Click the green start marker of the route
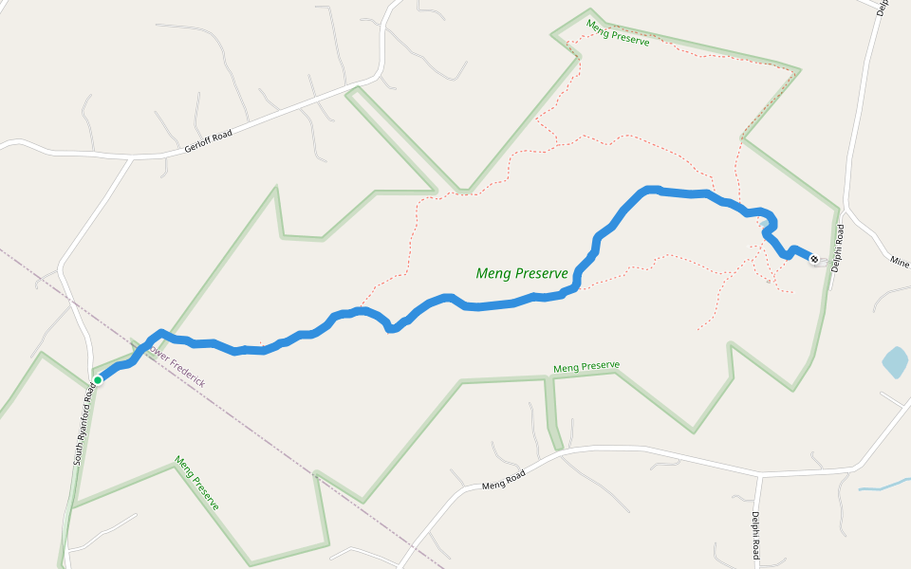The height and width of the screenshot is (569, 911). tap(98, 380)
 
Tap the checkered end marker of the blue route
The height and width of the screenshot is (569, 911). tap(813, 258)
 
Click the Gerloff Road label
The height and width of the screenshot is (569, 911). tap(209, 141)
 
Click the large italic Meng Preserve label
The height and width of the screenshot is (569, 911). tap(522, 273)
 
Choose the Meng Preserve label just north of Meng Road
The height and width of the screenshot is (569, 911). tap(586, 366)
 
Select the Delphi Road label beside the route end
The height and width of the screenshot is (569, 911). tap(838, 249)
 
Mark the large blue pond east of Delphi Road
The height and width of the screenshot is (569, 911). tap(894, 362)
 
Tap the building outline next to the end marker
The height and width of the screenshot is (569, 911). tap(820, 262)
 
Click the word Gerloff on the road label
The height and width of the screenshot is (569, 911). tap(197, 145)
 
